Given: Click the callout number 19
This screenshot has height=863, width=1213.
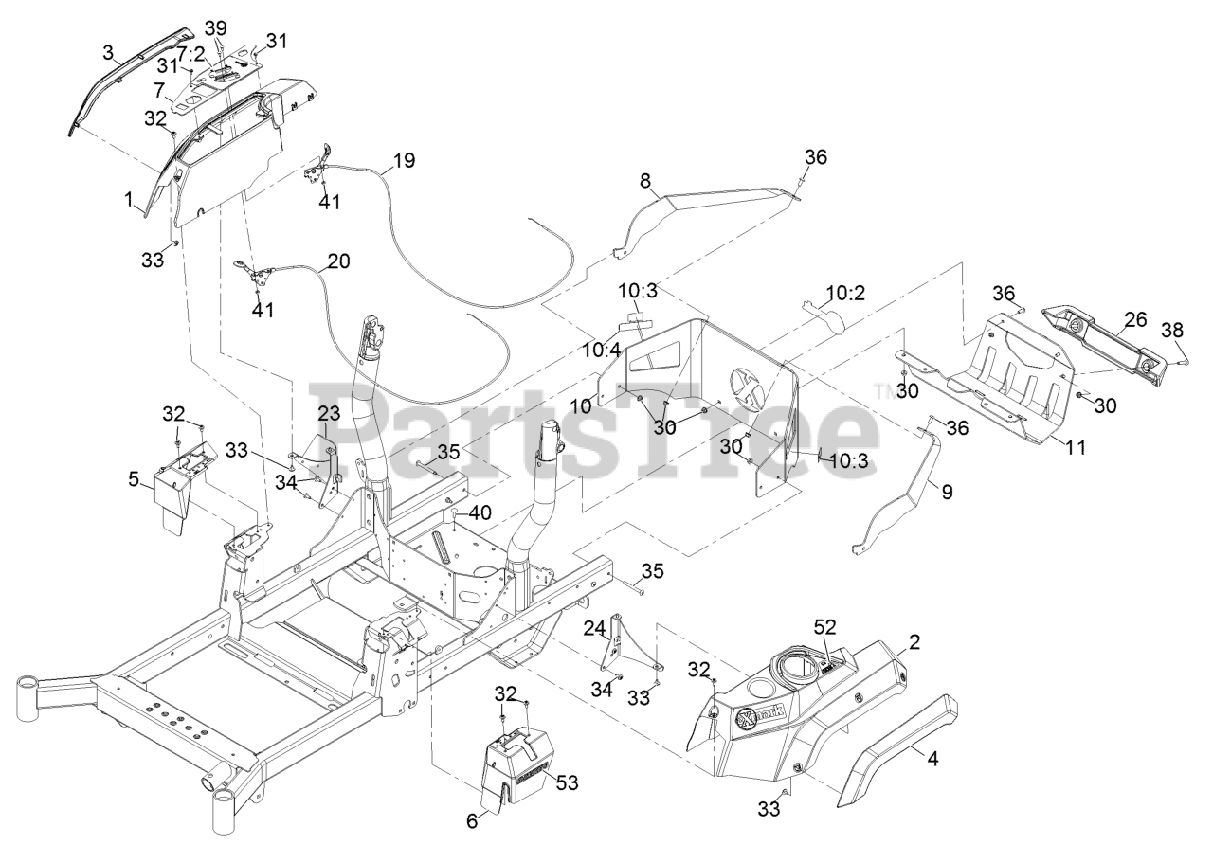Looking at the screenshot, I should pos(404,160).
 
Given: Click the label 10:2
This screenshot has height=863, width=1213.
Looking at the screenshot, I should pos(835,295).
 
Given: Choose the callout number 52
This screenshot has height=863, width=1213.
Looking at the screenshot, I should pos(825,628).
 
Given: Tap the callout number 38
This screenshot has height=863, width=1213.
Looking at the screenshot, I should pos(1172,331).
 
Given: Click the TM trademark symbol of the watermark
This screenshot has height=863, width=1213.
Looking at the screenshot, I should pos(882,387).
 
